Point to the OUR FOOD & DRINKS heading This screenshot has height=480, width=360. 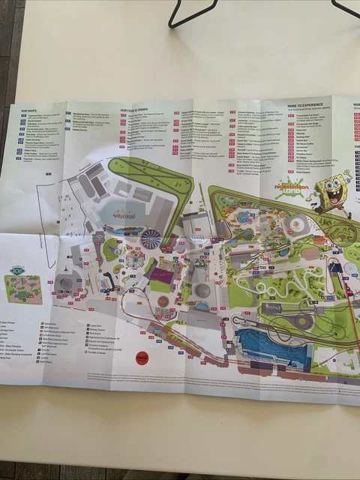136,109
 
